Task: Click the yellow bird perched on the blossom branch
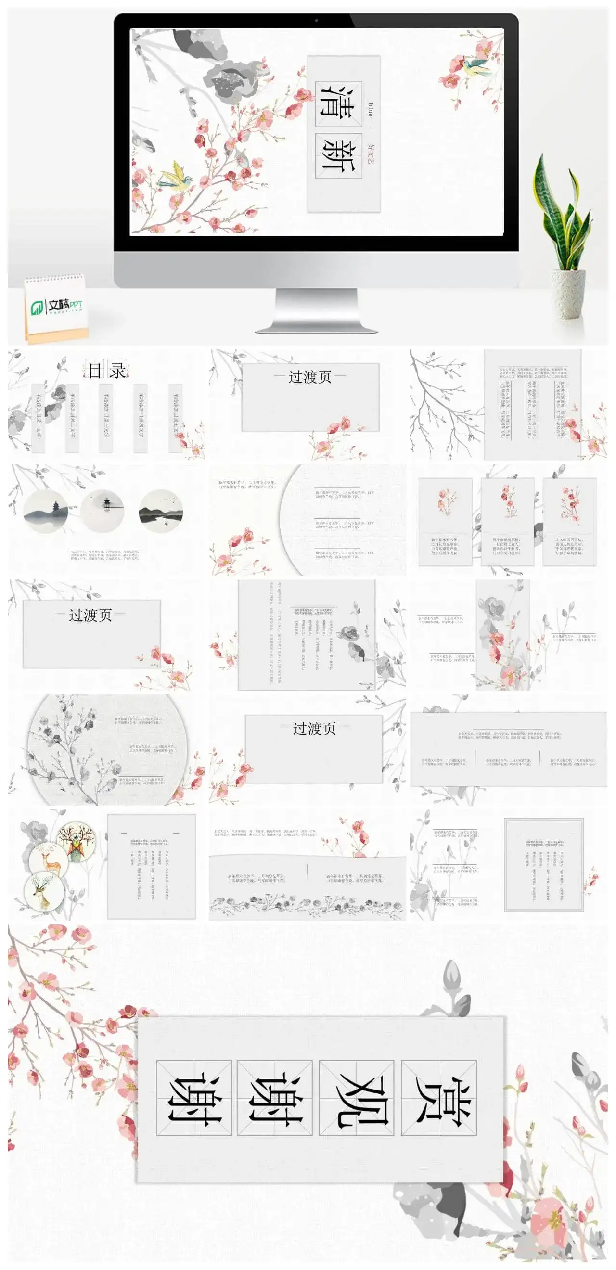(x=174, y=177)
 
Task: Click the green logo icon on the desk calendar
(x=37, y=308)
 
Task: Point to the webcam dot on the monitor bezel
(x=316, y=21)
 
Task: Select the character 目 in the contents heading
(x=94, y=370)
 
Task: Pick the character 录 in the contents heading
(x=117, y=370)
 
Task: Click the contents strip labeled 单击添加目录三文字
(x=106, y=417)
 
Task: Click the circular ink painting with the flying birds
(x=161, y=511)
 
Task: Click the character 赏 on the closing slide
(x=439, y=1097)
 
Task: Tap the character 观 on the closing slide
(x=357, y=1097)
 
